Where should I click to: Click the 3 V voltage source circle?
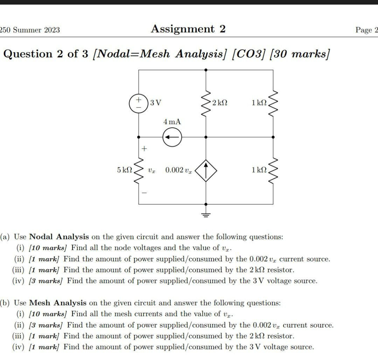click(x=139, y=103)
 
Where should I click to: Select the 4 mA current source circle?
click(x=172, y=137)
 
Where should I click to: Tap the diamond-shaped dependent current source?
click(x=206, y=170)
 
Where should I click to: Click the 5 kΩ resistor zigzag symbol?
click(x=139, y=170)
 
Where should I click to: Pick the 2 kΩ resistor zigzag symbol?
click(x=206, y=103)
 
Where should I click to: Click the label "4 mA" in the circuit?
click(x=172, y=122)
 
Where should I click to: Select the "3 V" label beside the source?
click(x=155, y=103)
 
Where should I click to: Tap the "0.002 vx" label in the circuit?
click(x=178, y=170)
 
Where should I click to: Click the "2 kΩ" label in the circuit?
click(x=220, y=103)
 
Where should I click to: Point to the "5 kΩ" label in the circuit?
click(x=125, y=170)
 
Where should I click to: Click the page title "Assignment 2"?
click(x=188, y=29)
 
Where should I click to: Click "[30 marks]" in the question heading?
click(x=300, y=54)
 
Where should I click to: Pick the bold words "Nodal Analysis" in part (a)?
click(x=59, y=237)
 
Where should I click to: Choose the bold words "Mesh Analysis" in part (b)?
click(x=58, y=303)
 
